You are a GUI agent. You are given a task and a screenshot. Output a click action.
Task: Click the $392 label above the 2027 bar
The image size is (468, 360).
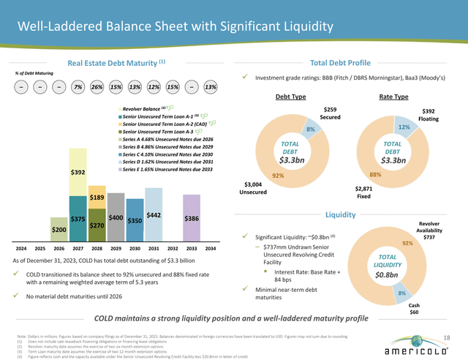[x=79, y=173]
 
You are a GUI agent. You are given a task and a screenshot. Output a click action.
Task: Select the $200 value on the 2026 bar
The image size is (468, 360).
[x=59, y=230]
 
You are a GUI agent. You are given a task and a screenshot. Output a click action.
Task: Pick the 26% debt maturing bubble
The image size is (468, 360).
[x=96, y=88]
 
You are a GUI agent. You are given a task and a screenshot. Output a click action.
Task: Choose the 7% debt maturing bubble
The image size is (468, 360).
[x=78, y=88]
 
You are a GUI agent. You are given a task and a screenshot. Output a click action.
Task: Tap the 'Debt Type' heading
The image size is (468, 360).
[x=290, y=97]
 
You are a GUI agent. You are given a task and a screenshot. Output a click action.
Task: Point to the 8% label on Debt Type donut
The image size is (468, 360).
[x=310, y=130]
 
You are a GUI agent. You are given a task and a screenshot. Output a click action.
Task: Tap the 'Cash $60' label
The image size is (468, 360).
[x=414, y=308]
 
